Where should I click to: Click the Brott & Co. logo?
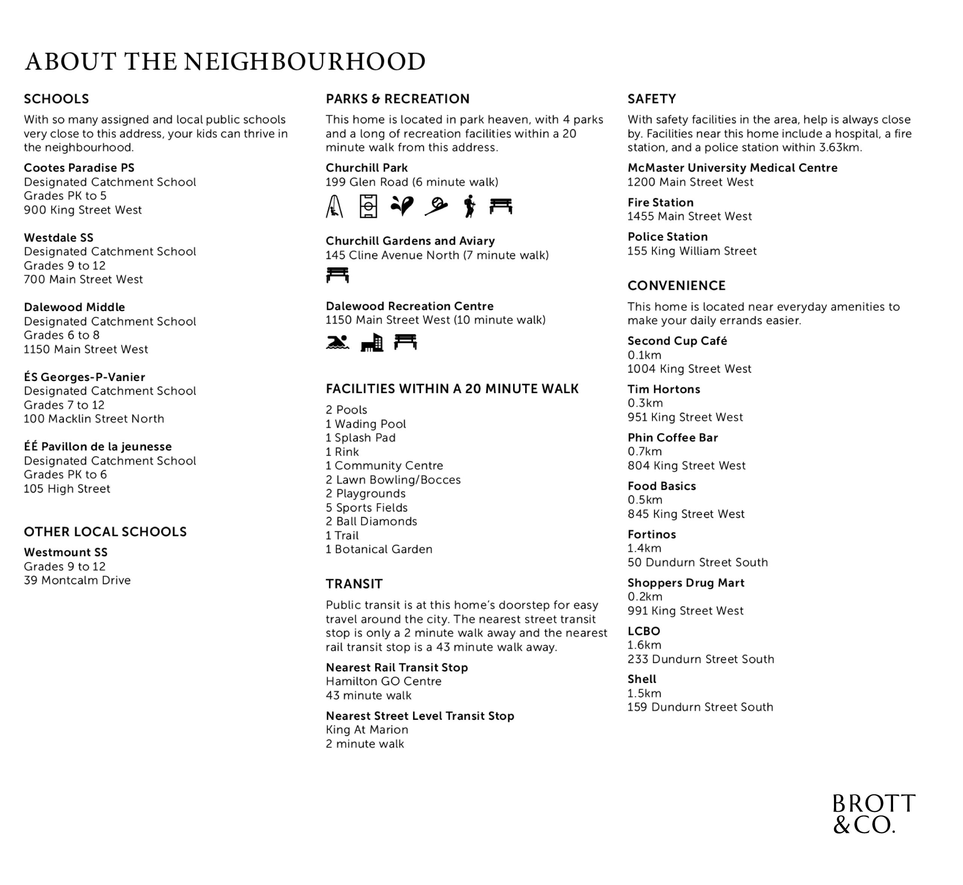click(873, 814)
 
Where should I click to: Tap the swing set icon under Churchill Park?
click(334, 206)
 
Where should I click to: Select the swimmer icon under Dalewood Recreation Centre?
click(337, 342)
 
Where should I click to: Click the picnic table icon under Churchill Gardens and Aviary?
click(337, 275)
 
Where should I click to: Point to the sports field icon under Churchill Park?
click(368, 206)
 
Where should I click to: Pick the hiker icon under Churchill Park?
click(470, 206)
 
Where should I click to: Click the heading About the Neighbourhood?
click(225, 62)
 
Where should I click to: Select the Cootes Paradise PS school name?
click(79, 168)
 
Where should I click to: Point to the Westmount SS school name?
click(65, 552)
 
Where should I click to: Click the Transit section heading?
click(354, 584)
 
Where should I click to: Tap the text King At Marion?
click(367, 729)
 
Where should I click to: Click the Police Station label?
click(668, 237)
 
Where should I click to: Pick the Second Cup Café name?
click(677, 341)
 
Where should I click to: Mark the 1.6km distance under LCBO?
click(644, 645)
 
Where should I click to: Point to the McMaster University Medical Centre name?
click(732, 168)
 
